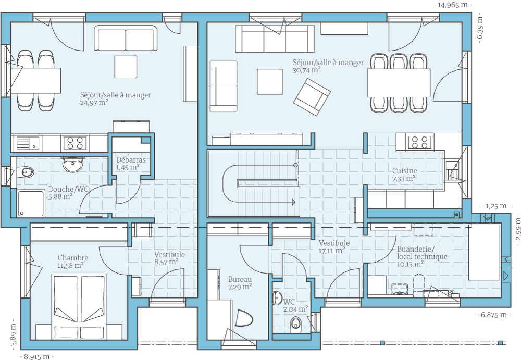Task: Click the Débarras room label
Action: coord(131,160)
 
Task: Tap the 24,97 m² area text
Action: coord(94,103)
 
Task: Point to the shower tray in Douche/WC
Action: coord(31,203)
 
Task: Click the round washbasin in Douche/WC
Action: coord(72,165)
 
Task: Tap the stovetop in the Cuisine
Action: coord(419,142)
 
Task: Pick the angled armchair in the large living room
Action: coord(312,97)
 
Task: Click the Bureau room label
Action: coord(240,280)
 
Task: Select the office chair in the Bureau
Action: coord(244,318)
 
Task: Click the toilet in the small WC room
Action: coord(295,323)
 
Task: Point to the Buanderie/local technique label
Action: coord(422,253)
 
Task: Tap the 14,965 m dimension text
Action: coord(453,5)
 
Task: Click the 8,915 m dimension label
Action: coord(37,357)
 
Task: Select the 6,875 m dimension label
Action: coord(494,315)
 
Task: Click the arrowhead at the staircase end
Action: coord(293,202)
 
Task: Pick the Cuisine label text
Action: coord(404,171)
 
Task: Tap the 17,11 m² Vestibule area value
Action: coord(331,251)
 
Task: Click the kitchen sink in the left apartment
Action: coord(27,143)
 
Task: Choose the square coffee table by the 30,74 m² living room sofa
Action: coord(270,81)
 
